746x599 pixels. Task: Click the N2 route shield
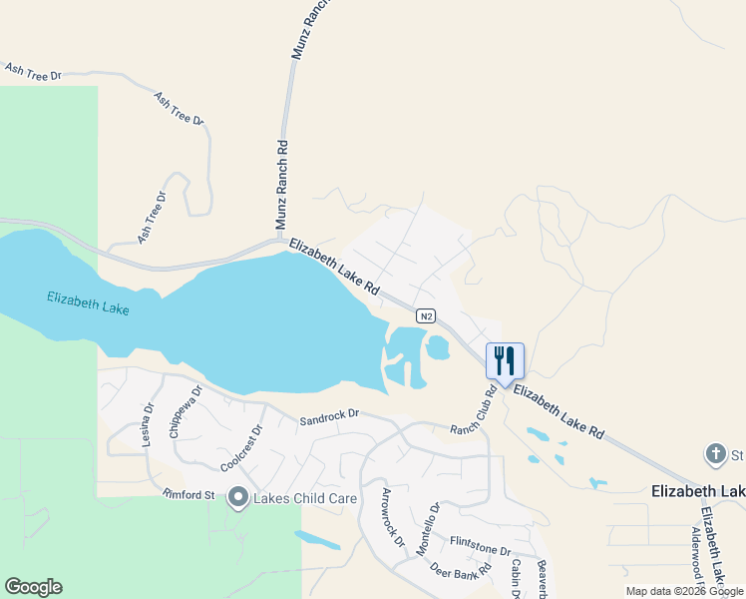(426, 316)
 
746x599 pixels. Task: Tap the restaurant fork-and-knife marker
(505, 359)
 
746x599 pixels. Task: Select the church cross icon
(715, 455)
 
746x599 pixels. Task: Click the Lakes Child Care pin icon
(237, 496)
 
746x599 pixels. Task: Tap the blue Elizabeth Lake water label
(88, 303)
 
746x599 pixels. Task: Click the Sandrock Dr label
(328, 418)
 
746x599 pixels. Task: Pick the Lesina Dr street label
(148, 423)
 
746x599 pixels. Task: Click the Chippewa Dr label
(186, 411)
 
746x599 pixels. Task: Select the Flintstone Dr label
(480, 548)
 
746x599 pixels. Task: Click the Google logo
(33, 587)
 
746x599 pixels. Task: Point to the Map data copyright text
(684, 591)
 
